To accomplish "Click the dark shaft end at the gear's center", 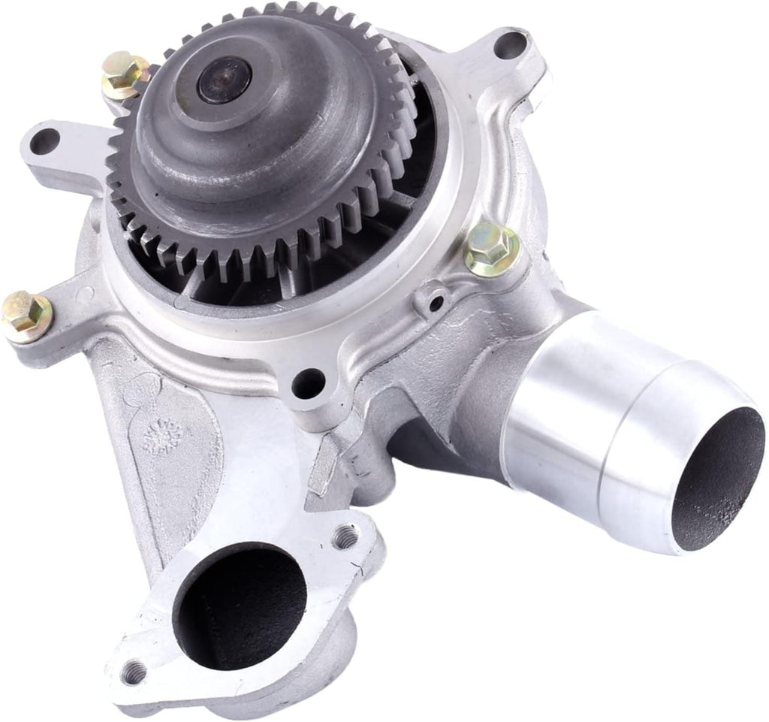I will click(223, 80).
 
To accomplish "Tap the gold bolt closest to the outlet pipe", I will click(493, 249).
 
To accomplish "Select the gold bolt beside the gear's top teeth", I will click(125, 74).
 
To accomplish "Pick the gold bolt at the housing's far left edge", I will click(26, 315).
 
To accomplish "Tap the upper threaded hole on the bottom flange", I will click(346, 536).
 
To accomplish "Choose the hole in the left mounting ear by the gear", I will click(44, 140).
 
